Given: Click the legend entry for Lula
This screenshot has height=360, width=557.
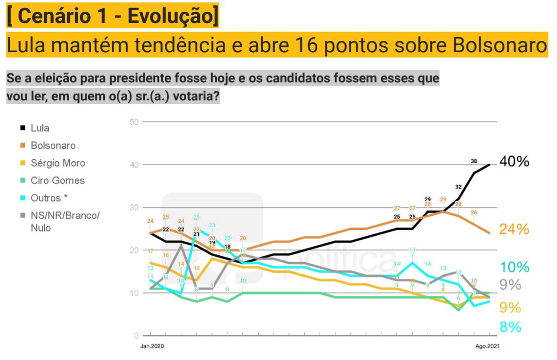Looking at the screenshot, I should (39, 128).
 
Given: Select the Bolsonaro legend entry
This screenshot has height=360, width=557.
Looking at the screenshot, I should (53, 146).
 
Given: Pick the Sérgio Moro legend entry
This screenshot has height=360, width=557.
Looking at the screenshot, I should (58, 163).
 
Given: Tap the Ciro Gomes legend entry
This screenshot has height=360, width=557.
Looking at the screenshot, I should (58, 180).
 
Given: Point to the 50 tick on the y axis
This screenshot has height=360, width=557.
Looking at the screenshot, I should (134, 122).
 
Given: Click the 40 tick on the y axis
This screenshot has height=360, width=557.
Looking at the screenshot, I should (134, 165).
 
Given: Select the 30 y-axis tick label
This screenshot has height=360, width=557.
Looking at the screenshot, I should (134, 208).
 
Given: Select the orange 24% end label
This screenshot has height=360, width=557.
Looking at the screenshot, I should (514, 228).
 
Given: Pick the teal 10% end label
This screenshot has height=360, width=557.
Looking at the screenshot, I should (514, 267).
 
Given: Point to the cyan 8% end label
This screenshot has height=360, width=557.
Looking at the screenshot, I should (511, 327).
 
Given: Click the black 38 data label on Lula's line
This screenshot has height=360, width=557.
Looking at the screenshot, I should (474, 161).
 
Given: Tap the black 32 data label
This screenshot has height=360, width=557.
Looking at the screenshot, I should (459, 187).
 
